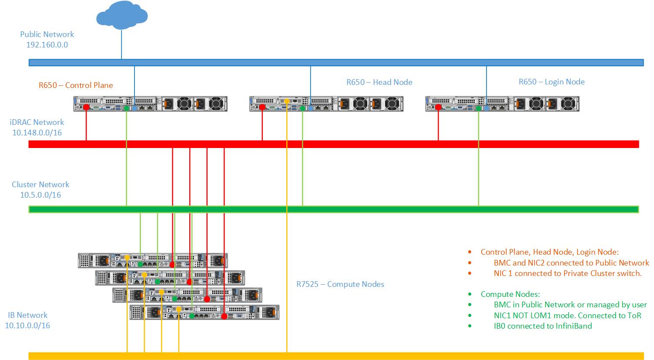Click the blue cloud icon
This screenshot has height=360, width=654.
[x=122, y=15]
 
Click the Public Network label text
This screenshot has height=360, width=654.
[x=47, y=34]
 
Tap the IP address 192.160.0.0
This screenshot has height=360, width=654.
[x=47, y=45]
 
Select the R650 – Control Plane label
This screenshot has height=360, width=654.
[x=76, y=85]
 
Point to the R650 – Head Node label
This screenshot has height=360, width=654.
[x=379, y=82]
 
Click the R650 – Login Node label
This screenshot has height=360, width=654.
[x=551, y=82]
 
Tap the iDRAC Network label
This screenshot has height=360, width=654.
[x=37, y=122]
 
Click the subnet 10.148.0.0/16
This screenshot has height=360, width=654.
[x=37, y=133]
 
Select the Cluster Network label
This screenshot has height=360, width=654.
[x=40, y=184]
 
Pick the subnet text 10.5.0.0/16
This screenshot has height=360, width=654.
[x=40, y=195]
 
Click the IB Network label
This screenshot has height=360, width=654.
[x=27, y=315]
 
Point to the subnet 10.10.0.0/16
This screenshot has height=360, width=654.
[x=27, y=326]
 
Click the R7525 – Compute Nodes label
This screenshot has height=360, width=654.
[x=340, y=284]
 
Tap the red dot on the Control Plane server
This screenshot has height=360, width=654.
[x=86, y=107]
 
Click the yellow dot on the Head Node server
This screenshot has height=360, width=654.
[x=287, y=101]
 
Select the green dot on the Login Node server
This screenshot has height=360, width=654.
[x=478, y=108]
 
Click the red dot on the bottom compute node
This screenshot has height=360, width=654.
[x=224, y=316]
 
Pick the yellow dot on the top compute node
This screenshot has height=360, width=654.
[x=127, y=258]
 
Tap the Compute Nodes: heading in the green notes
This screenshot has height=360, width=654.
[x=510, y=294]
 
